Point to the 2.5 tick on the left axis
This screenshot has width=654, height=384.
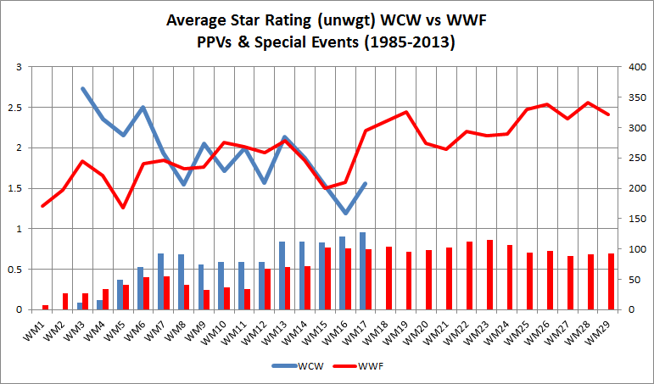[x=18, y=108]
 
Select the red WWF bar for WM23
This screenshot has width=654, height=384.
[x=490, y=275]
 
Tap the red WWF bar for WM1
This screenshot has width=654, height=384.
[x=45, y=307]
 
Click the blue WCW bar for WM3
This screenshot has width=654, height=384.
[x=81, y=306]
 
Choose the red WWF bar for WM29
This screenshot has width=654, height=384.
[x=611, y=281]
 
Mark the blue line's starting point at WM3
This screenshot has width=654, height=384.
[x=83, y=88]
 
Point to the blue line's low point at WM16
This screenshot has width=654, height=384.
[x=345, y=213]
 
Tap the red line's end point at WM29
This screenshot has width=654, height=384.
[x=608, y=114]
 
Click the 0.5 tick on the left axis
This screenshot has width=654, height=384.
[x=18, y=270]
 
